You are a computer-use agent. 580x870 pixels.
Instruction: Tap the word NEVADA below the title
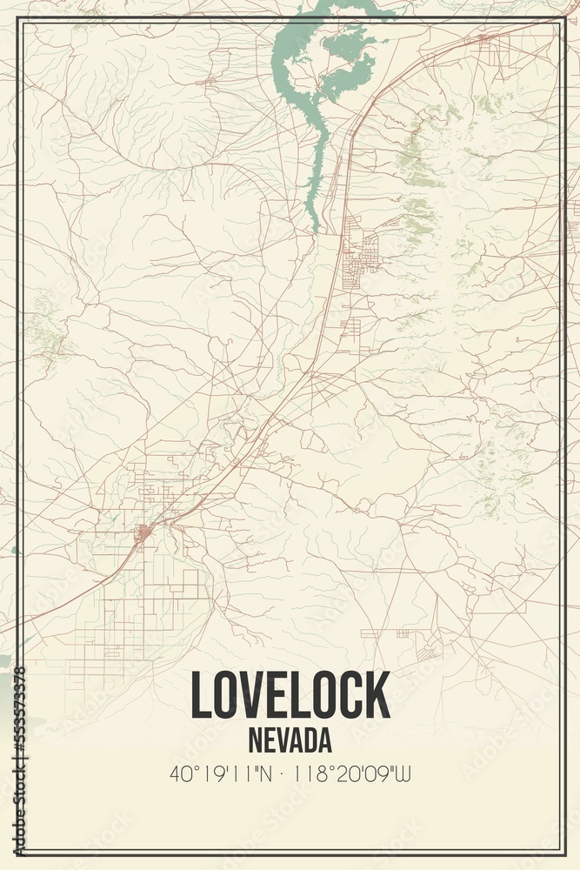click(290, 740)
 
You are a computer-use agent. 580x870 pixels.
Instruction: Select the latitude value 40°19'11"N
click(221, 773)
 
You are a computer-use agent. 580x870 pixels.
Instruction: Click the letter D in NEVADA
click(305, 740)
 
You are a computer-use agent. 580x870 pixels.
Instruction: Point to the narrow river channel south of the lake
click(316, 174)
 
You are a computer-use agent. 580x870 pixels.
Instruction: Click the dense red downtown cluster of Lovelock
click(144, 530)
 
